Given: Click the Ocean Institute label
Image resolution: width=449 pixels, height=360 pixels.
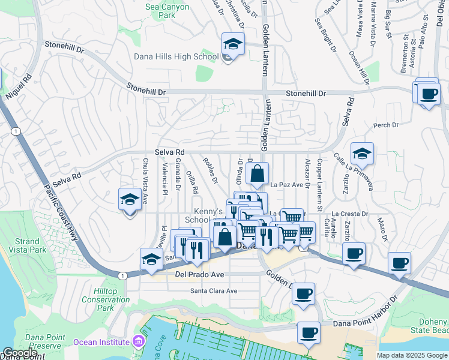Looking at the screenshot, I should pos(101,342).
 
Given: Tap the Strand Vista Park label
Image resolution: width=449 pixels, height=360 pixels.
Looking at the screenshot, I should pos(23,245).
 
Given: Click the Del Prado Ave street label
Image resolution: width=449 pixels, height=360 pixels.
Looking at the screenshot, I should pos(199,275).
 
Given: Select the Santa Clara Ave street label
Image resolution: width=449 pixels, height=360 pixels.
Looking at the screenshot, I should pos(214,291).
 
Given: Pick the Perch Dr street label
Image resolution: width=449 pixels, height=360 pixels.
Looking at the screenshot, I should pos(386,125).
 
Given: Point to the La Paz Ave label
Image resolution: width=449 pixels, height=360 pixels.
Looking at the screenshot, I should pos(286,185).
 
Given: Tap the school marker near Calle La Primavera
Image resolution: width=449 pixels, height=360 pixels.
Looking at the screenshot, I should pos(363,154).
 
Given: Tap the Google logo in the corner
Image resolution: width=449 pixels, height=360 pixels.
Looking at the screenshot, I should pos(20,353).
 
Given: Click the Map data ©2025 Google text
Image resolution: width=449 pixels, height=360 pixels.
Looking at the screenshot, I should pos(412,355).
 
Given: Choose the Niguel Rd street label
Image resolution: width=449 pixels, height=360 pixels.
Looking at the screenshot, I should pos(19,86).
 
